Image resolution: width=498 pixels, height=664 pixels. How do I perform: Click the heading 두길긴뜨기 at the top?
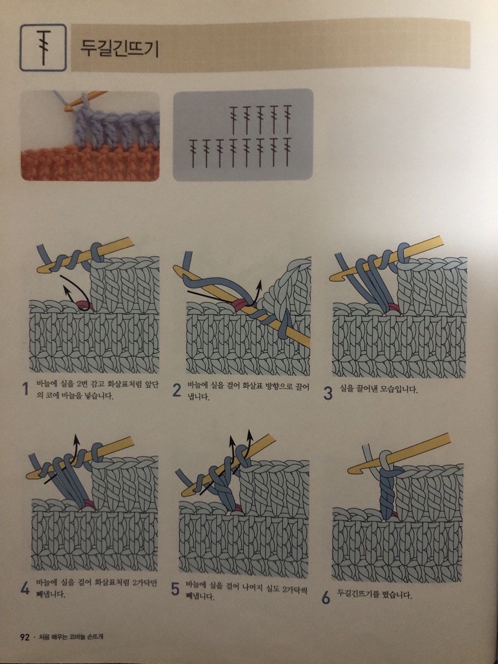[x=120, y=48]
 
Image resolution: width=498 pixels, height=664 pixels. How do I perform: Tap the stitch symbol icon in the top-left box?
[x=44, y=47]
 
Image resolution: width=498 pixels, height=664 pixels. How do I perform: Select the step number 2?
[x=176, y=391]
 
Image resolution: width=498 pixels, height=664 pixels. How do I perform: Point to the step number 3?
[x=328, y=393]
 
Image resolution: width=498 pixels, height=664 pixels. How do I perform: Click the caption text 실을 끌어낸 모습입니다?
[x=379, y=389]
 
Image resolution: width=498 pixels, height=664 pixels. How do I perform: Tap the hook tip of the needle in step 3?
[x=333, y=276]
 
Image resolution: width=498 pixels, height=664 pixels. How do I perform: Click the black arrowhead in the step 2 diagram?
[x=260, y=283]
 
